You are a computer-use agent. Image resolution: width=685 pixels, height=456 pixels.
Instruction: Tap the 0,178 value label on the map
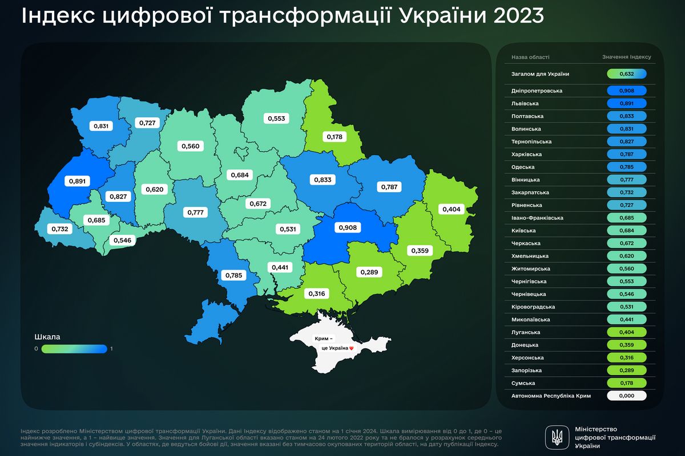(x=333, y=137)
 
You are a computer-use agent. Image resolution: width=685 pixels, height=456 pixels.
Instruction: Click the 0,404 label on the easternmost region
(x=451, y=209)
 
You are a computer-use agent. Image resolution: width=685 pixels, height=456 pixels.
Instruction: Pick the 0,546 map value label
(x=121, y=241)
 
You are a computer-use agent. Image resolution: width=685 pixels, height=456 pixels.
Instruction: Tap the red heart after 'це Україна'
(x=352, y=348)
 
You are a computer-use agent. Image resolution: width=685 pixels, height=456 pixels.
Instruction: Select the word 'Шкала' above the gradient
(x=48, y=336)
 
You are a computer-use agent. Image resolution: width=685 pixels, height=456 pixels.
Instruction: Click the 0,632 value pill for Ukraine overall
(x=627, y=74)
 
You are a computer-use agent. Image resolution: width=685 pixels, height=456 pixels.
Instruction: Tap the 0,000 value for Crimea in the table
(x=627, y=396)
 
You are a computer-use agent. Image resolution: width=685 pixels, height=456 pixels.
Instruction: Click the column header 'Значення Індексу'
(x=626, y=57)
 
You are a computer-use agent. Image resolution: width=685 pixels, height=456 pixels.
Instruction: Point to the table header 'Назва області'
(x=530, y=57)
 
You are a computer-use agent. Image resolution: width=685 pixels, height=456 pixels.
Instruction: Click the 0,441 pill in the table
(x=627, y=319)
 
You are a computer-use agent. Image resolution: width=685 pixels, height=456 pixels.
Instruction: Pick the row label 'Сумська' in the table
(x=523, y=383)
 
